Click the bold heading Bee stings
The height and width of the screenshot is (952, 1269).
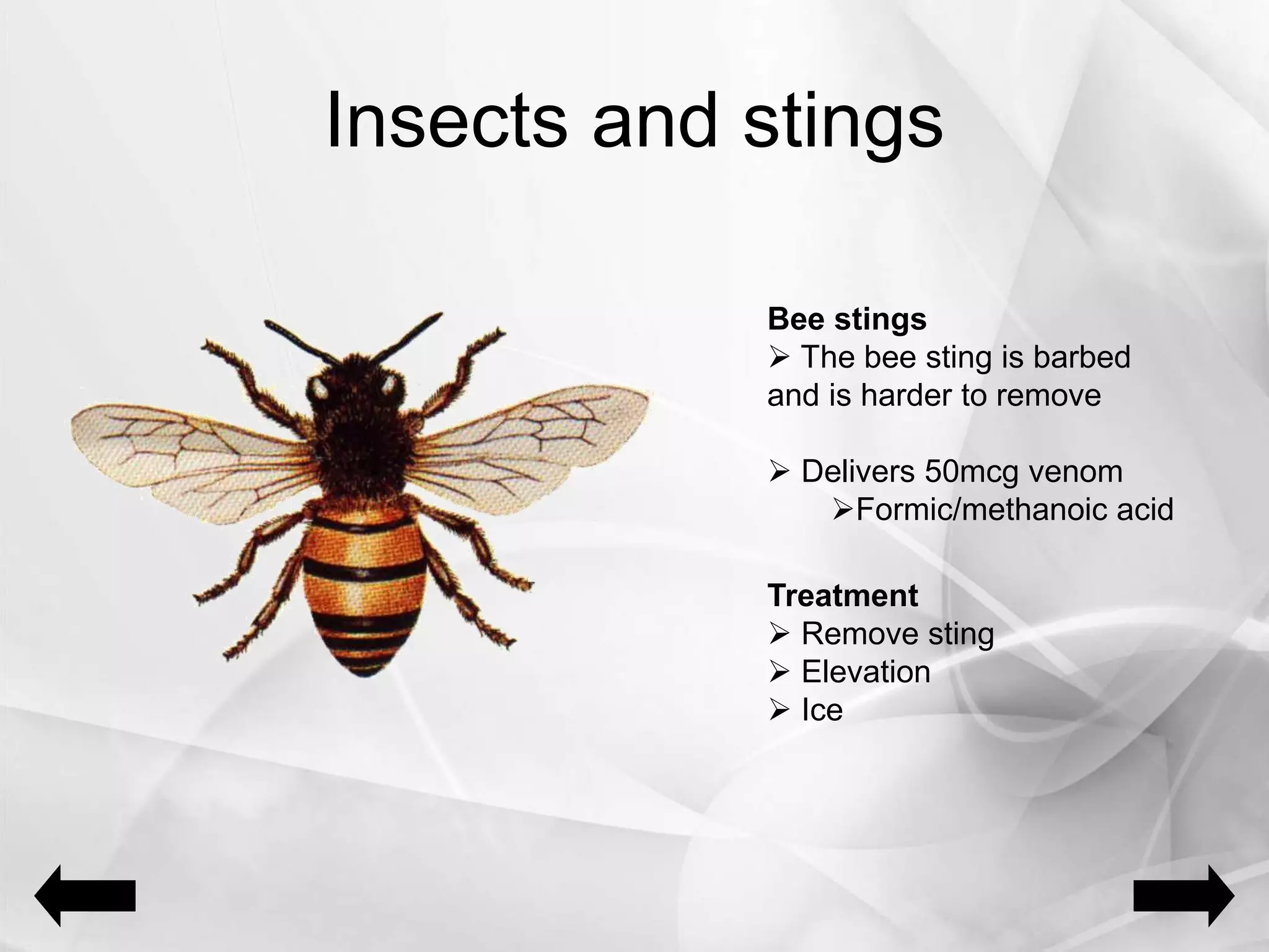coord(846,319)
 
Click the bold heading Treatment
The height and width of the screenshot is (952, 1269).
coord(842,596)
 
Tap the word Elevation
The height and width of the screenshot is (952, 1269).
coord(866,672)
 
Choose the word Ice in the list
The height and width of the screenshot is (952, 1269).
coord(822,710)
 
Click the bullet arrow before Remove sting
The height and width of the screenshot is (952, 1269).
coord(778,635)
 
